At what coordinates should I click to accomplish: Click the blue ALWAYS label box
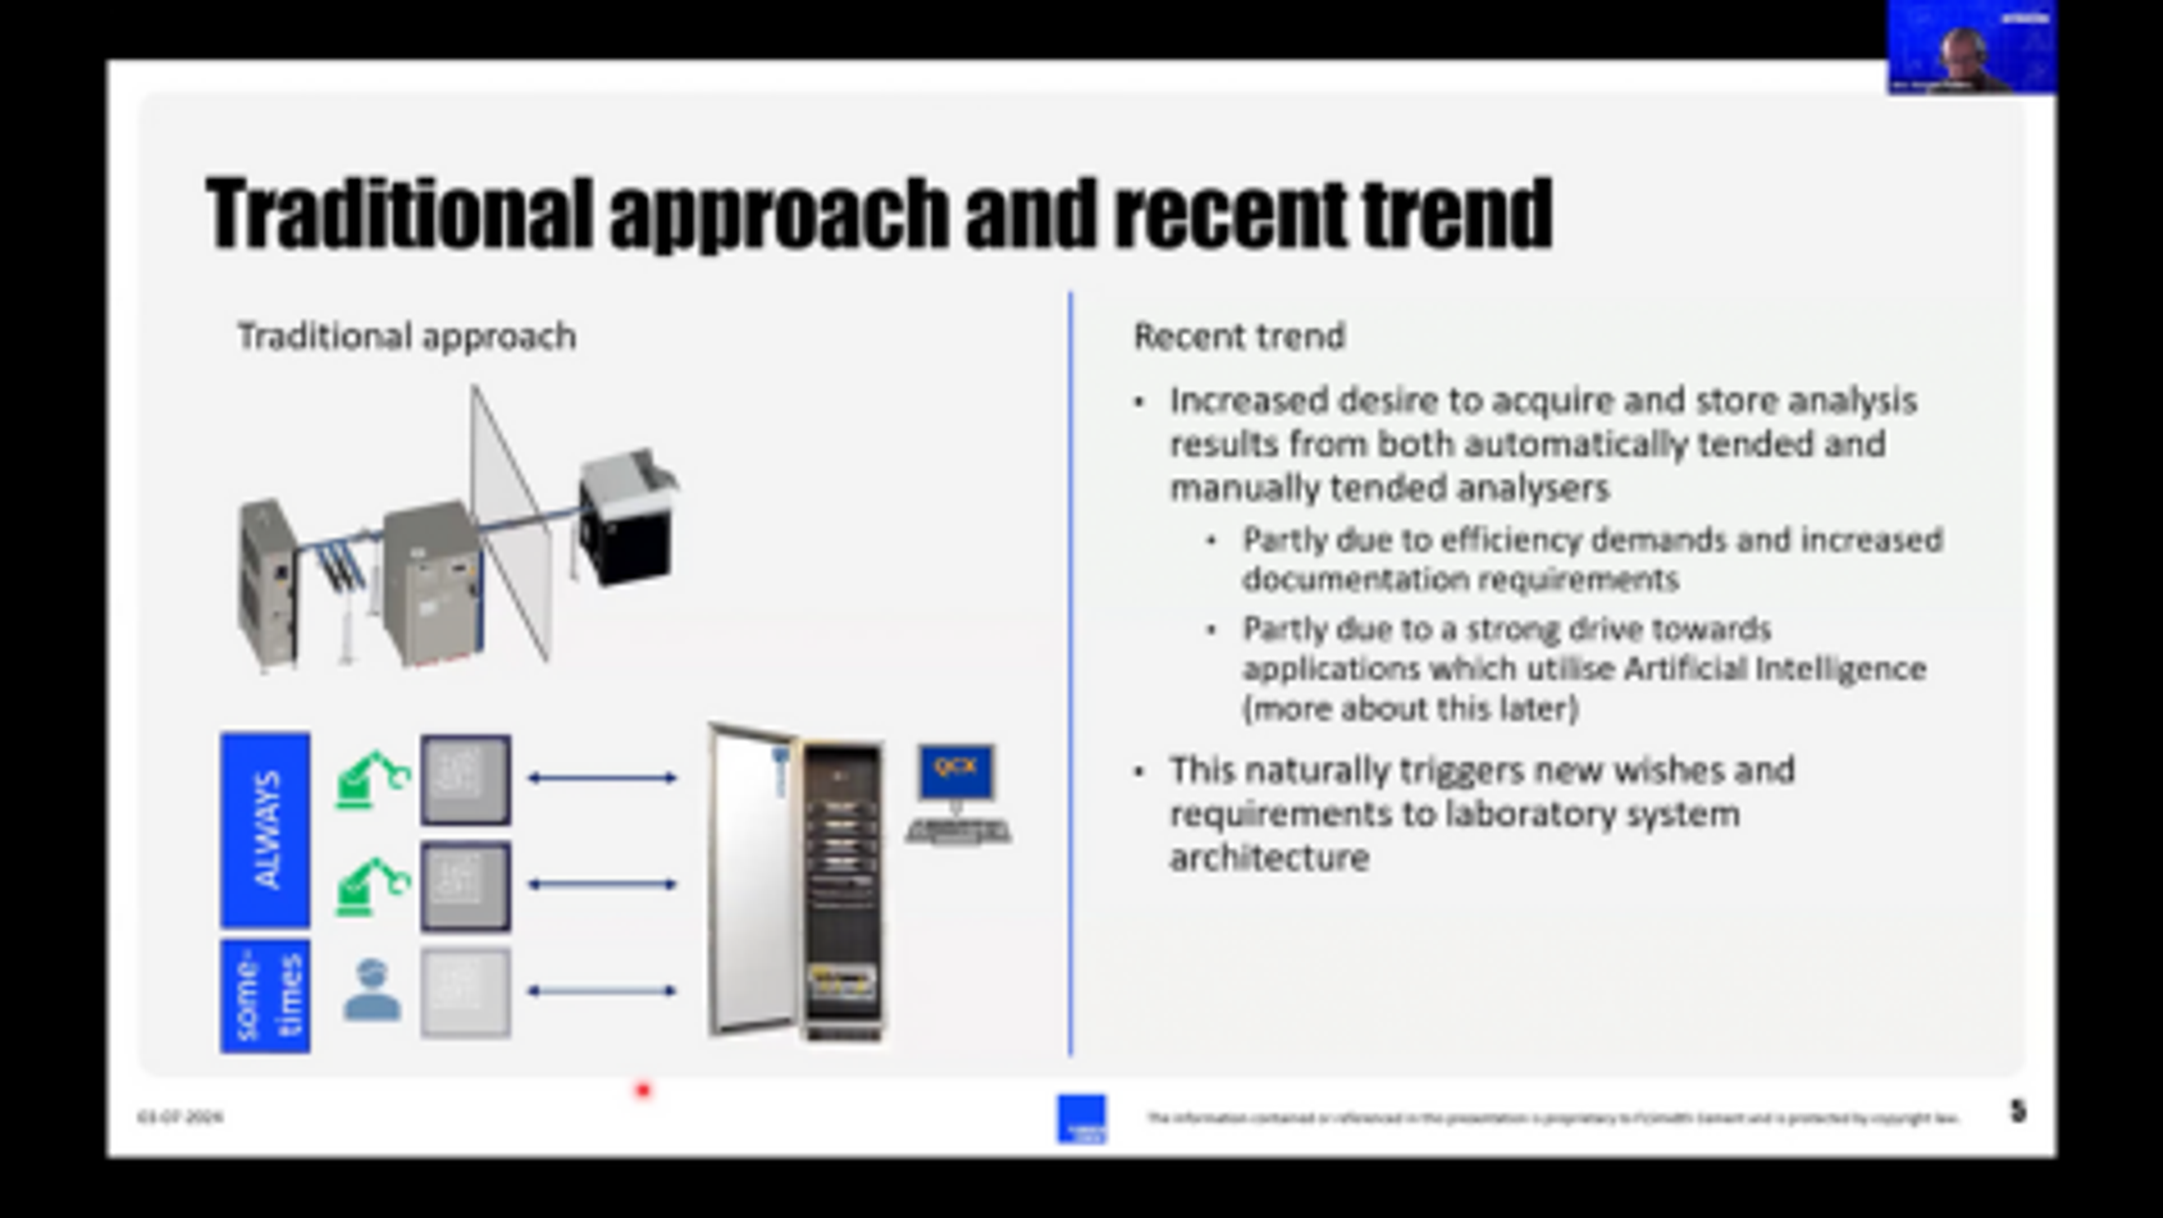[x=265, y=829]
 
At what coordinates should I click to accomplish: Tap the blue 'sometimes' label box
[x=265, y=996]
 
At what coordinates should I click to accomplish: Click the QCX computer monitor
[x=956, y=770]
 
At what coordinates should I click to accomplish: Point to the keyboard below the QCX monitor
[x=958, y=831]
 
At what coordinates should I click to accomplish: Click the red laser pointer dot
[x=644, y=1090]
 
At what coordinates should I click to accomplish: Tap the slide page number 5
[x=2018, y=1112]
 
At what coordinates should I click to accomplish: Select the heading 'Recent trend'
[x=1239, y=337]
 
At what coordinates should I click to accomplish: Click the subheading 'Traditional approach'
[x=406, y=337]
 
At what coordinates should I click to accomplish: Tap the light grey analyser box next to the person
[x=465, y=992]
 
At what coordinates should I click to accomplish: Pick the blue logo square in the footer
[x=1081, y=1119]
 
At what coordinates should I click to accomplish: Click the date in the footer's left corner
[x=180, y=1117]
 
